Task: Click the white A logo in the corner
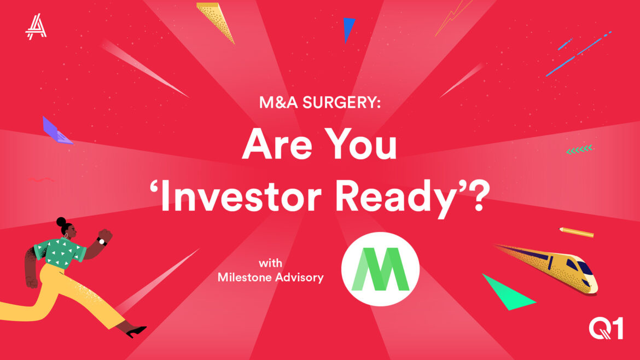pos(36,26)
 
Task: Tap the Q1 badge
pos(606,329)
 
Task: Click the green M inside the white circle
pos(380,269)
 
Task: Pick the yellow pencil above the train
pos(577,232)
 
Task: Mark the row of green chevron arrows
pos(579,149)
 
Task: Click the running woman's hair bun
pos(61,222)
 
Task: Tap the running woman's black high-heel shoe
pos(136,332)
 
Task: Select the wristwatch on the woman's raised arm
pos(102,241)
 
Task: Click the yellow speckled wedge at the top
pos(216,20)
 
